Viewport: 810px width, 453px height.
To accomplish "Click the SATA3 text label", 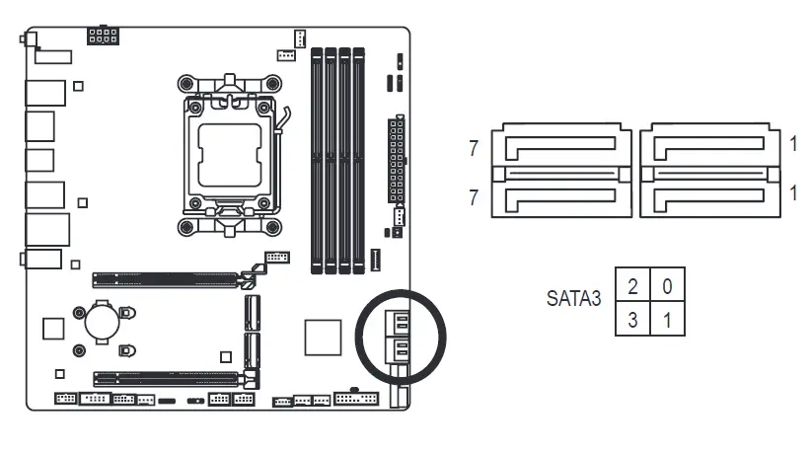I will (x=573, y=299).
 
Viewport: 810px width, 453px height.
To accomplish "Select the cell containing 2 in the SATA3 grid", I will (x=631, y=286).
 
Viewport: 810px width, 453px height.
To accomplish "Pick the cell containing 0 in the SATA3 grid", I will (x=667, y=286).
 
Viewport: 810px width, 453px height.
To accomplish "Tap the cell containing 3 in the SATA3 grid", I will (x=631, y=319).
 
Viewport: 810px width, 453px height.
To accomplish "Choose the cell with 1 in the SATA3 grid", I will (x=667, y=319).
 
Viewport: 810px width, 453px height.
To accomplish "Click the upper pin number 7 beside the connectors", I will (x=475, y=149).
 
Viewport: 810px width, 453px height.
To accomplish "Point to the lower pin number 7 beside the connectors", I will (x=475, y=198).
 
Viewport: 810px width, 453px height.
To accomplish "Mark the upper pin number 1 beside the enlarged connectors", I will (x=794, y=144).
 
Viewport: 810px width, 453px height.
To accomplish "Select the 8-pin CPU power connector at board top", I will (x=103, y=38).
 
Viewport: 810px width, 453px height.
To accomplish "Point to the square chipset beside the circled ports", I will (x=322, y=337).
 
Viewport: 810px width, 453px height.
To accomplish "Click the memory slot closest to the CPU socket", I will (x=317, y=158).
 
